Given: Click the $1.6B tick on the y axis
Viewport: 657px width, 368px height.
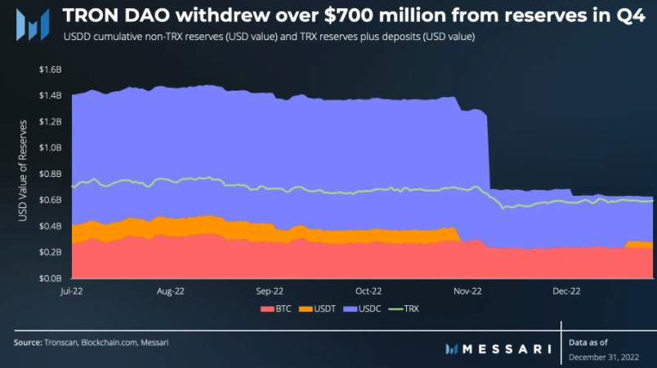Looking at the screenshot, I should tap(51, 69).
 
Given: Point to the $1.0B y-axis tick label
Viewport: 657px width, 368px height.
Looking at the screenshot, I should tap(51, 148).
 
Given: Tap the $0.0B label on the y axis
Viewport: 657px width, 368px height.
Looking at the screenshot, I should tap(51, 278).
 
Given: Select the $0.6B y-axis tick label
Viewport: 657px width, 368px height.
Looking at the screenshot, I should tap(51, 200).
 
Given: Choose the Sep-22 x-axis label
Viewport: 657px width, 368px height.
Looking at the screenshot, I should tap(269, 290).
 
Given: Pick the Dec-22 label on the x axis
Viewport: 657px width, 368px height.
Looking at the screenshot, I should tap(565, 290).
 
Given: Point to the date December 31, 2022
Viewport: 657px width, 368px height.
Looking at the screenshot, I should tap(603, 357).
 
